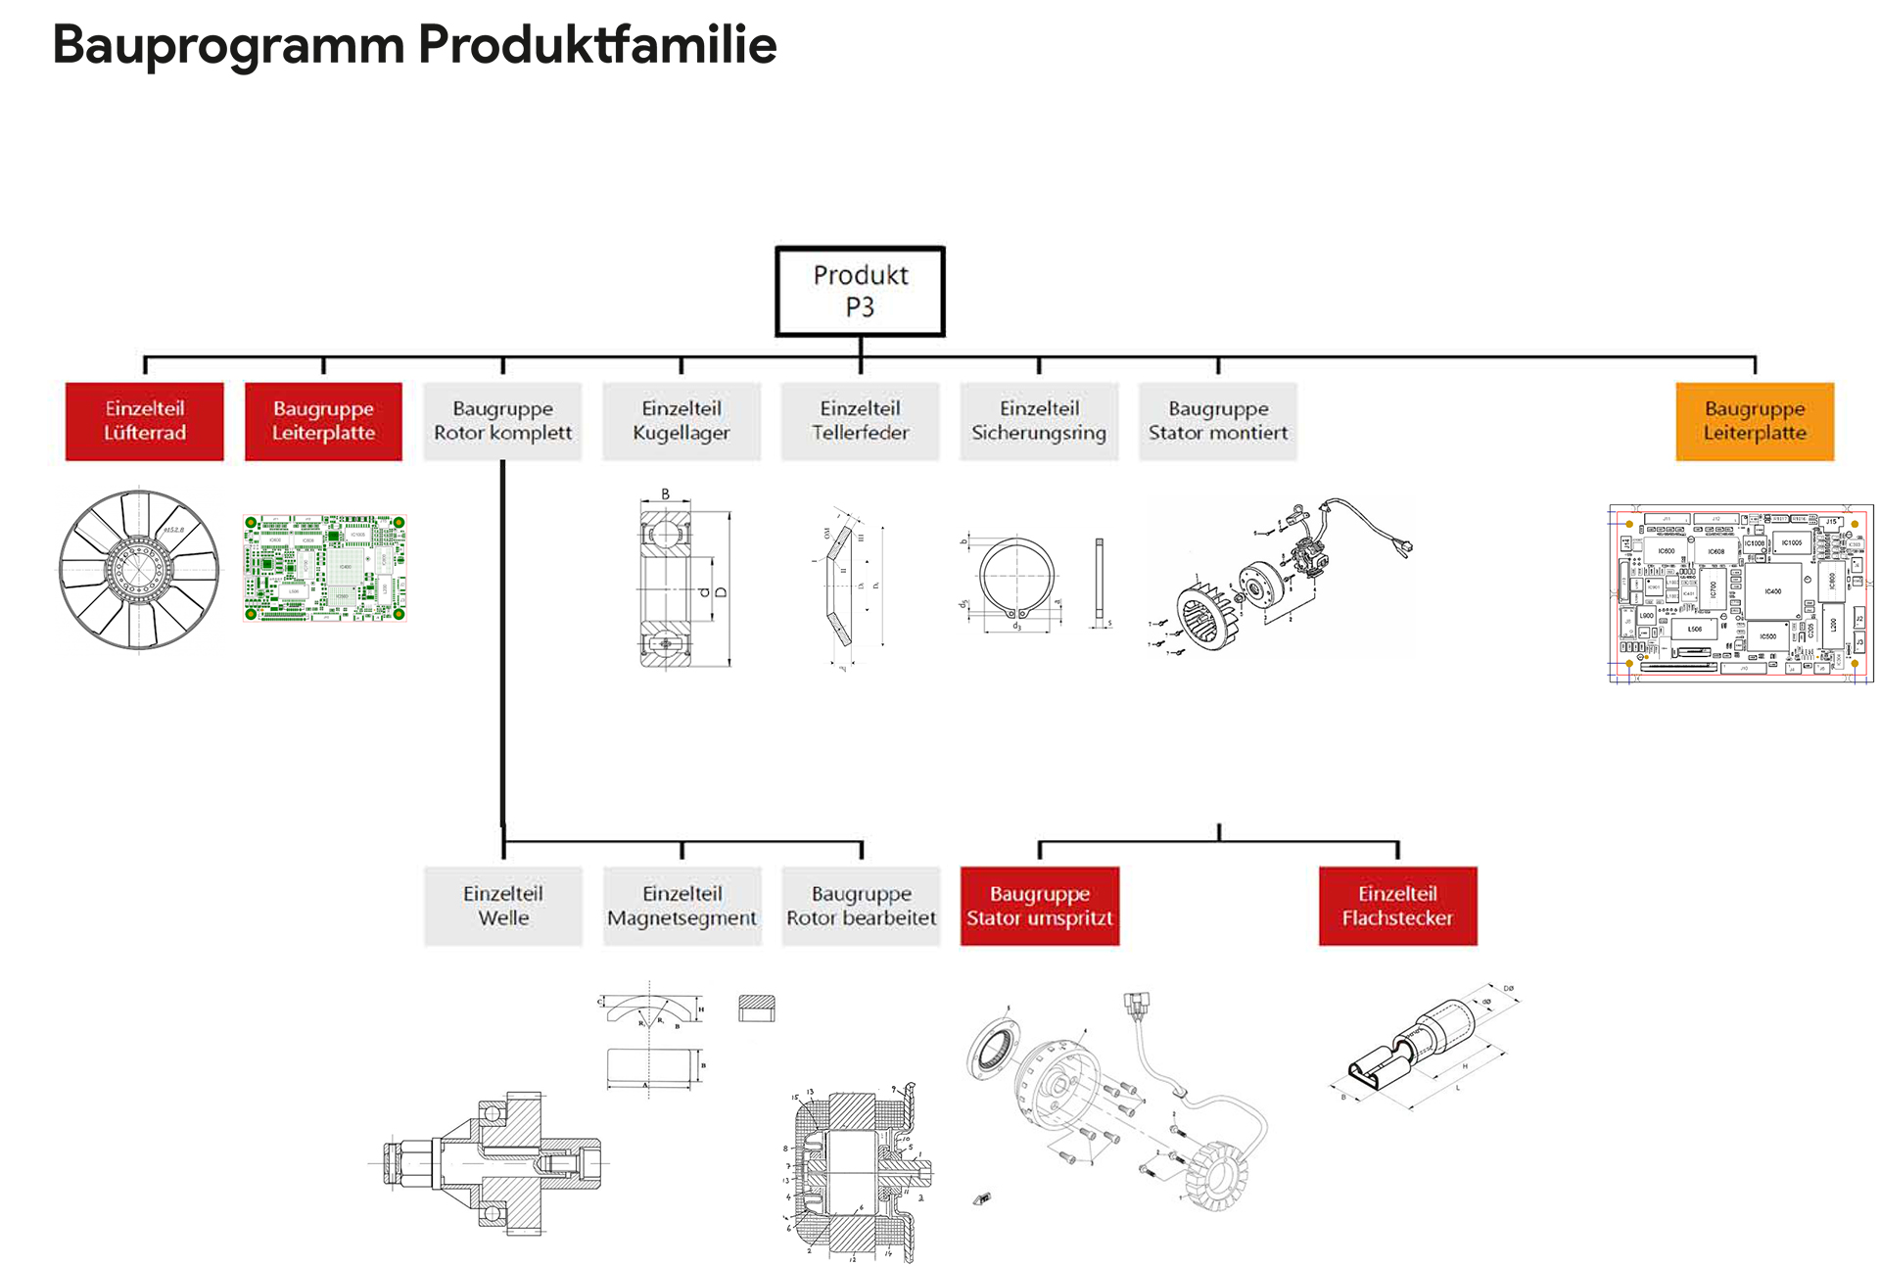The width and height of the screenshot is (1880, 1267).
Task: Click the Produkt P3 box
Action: [860, 291]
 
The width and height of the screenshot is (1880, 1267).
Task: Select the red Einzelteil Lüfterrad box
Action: [145, 421]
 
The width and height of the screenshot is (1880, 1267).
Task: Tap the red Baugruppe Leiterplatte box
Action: [323, 421]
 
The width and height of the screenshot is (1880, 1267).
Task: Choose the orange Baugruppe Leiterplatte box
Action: [1754, 421]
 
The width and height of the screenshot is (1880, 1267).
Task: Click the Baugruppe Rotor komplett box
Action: [502, 421]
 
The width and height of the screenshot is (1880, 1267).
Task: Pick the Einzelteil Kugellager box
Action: [681, 421]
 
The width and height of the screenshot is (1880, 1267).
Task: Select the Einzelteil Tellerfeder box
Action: [860, 421]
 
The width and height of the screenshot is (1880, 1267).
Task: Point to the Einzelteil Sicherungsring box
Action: [1039, 421]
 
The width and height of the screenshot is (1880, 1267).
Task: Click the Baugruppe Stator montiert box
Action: [1218, 421]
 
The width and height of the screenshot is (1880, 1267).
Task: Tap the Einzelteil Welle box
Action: [503, 906]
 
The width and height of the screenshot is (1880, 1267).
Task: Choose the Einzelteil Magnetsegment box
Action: [681, 906]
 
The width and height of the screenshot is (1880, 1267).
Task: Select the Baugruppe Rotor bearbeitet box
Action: [861, 906]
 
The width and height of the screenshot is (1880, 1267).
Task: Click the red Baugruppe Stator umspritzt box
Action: [1040, 906]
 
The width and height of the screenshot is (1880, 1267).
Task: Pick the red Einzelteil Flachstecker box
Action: [1397, 906]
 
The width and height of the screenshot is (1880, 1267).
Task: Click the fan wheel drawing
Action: [139, 569]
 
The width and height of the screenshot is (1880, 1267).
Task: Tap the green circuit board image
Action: [324, 568]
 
